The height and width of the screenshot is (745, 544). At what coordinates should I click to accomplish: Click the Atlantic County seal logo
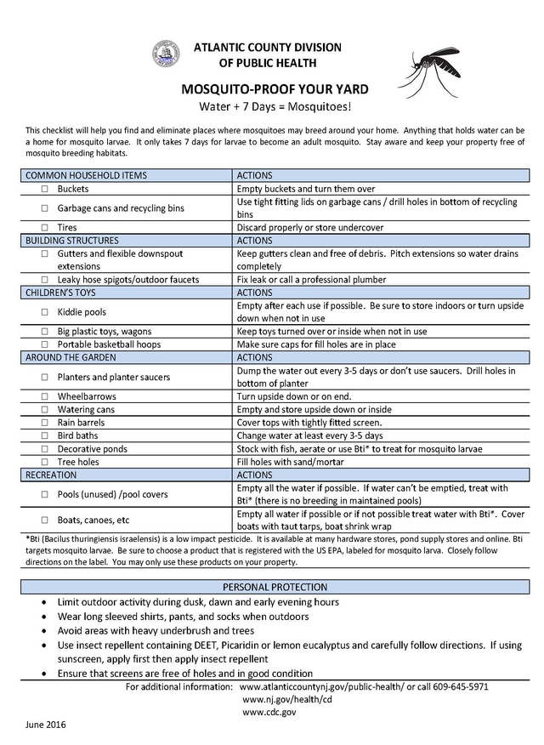pyautogui.click(x=166, y=54)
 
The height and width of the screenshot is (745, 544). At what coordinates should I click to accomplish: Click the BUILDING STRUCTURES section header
pyautogui.click(x=72, y=241)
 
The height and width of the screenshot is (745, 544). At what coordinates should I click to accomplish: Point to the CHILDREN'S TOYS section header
pyautogui.click(x=64, y=293)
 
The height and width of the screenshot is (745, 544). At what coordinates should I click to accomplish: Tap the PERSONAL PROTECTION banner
pyautogui.click(x=275, y=587)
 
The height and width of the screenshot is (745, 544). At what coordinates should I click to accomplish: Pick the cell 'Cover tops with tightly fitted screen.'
pyautogui.click(x=309, y=423)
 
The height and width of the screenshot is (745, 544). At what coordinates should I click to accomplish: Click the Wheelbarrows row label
pyautogui.click(x=87, y=396)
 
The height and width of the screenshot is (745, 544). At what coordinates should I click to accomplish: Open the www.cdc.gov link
pyautogui.click(x=269, y=712)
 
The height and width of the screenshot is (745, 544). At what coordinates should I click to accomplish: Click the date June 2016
pyautogui.click(x=45, y=725)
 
